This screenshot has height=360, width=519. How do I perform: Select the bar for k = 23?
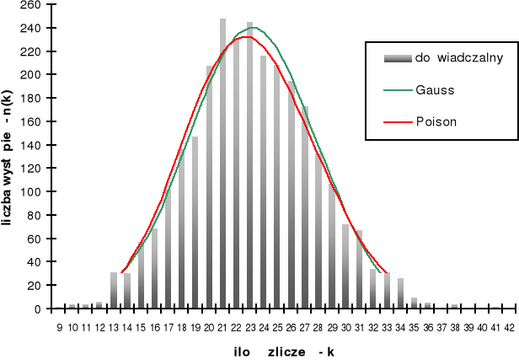[x=250, y=169]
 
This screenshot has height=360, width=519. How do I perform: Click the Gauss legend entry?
[x=435, y=89]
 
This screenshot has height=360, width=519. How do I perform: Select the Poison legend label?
[x=436, y=121]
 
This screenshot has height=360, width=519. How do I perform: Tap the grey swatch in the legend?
[x=398, y=58]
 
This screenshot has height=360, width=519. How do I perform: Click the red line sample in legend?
[x=398, y=121]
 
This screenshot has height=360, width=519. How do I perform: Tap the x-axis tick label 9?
[x=59, y=327]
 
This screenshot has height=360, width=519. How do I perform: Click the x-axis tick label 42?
[x=510, y=327]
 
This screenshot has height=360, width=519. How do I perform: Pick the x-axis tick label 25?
[x=278, y=327]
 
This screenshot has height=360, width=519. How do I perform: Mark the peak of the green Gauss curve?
[x=253, y=28]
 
